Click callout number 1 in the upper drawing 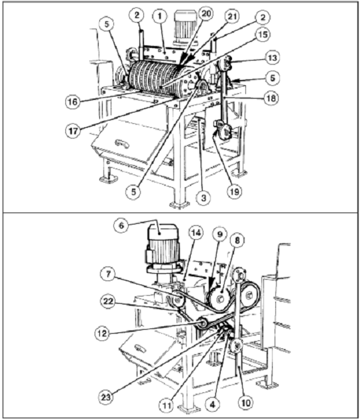pyautogui.click(x=160, y=16)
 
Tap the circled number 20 pyautogui.click(x=205, y=13)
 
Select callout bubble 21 pyautogui.click(x=232, y=17)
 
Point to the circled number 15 pyautogui.click(x=263, y=34)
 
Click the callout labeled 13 pyautogui.click(x=272, y=58)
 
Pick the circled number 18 pyautogui.click(x=271, y=98)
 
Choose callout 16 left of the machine pyautogui.click(x=73, y=101)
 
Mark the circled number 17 pyautogui.click(x=73, y=131)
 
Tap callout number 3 pyautogui.click(x=203, y=198)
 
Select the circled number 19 pyautogui.click(x=234, y=191)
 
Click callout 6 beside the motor pyautogui.click(x=121, y=225)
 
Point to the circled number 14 pyautogui.click(x=196, y=232)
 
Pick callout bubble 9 pyautogui.click(x=220, y=234)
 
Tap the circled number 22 pyautogui.click(x=108, y=302)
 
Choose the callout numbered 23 pyautogui.click(x=106, y=397)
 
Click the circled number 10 pyautogui.click(x=245, y=402)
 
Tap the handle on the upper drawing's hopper pyautogui.click(x=122, y=143)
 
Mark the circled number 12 pyautogui.click(x=102, y=333)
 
